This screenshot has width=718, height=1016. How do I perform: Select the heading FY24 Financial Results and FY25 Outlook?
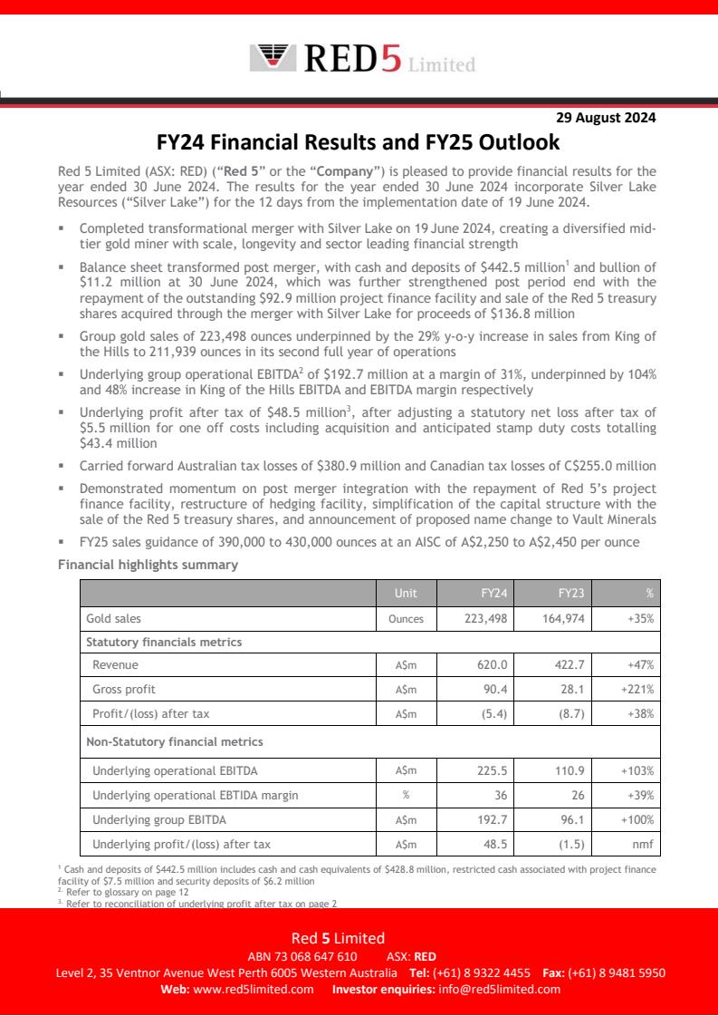coord(359,142)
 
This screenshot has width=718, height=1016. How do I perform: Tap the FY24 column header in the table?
coord(493,594)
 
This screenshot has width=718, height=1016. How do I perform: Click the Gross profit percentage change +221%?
coord(637,690)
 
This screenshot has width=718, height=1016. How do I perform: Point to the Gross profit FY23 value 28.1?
coord(573,690)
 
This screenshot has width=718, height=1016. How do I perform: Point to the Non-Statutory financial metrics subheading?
coord(174,741)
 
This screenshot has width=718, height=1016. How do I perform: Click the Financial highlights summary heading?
coord(148,565)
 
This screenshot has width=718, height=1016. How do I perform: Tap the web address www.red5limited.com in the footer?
coord(254,990)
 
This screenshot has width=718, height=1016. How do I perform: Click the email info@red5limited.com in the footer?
coord(499,990)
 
